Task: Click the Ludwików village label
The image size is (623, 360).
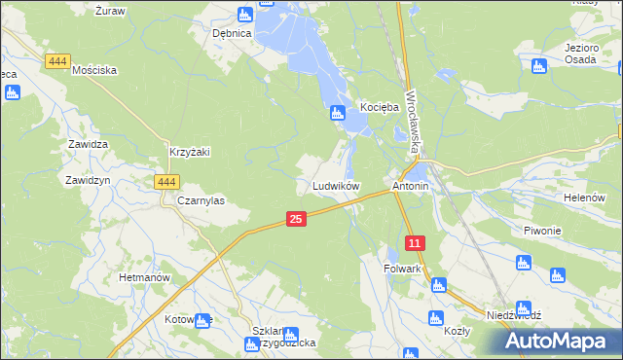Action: (336, 185)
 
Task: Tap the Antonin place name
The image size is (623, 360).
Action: (410, 185)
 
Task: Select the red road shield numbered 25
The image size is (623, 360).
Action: (297, 221)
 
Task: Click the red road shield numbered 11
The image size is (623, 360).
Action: (416, 242)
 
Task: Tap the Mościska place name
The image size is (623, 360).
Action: (94, 70)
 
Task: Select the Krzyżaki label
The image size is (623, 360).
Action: (190, 152)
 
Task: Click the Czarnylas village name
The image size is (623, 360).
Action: (202, 200)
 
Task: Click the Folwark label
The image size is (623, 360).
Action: (402, 269)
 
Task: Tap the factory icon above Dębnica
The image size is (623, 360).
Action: (244, 15)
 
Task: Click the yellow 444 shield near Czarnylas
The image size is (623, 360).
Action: (166, 182)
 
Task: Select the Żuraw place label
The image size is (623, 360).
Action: (110, 11)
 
